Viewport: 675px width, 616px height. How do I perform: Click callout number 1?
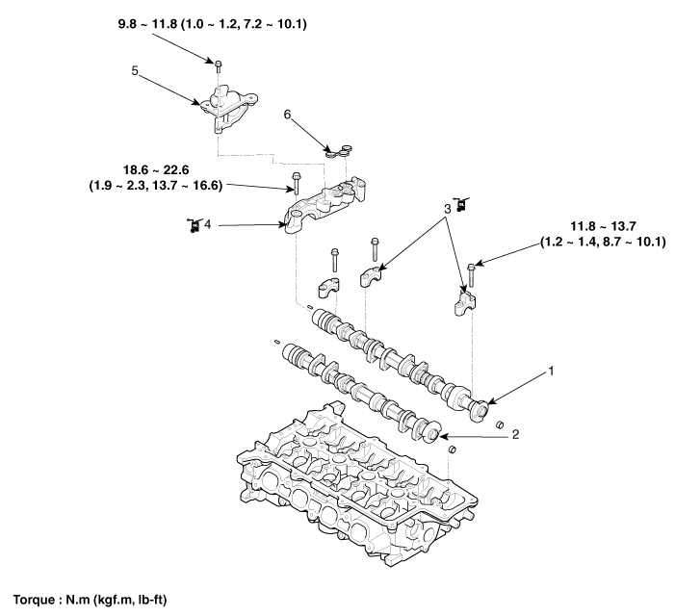tap(552, 369)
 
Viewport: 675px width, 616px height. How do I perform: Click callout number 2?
tap(515, 435)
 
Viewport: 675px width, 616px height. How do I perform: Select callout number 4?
tap(206, 225)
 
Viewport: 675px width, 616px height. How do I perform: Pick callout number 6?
tap(286, 114)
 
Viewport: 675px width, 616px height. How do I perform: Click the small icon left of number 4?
tap(192, 225)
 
